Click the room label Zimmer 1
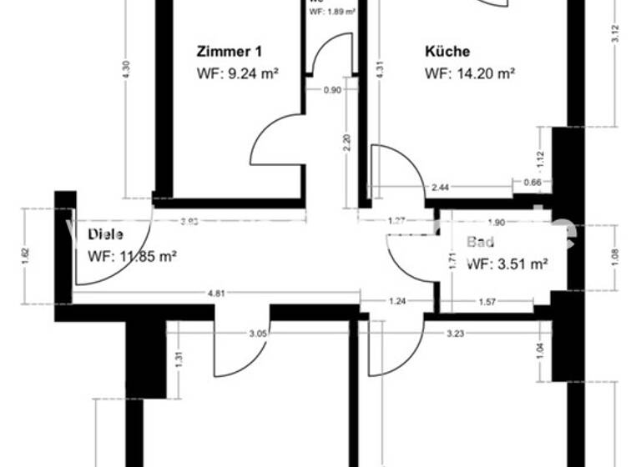222,51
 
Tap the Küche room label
447,51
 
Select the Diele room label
105,235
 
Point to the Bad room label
481,243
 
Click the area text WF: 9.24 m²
237,73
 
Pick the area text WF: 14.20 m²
469,73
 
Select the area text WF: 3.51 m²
507,264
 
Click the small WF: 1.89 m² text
333,13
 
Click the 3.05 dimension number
259,334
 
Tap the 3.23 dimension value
455,334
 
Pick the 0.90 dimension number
332,91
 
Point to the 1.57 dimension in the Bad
487,301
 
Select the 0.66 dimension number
532,183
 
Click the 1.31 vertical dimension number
180,360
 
